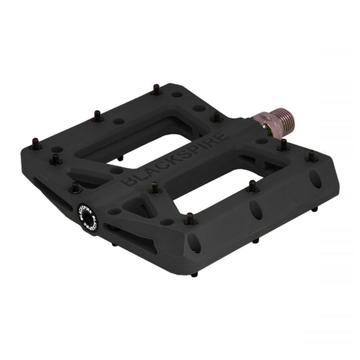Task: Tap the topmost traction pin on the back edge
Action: [x=155, y=88]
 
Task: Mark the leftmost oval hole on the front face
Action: [x=194, y=243]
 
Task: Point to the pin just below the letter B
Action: [x=155, y=189]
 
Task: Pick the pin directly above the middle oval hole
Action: [x=253, y=186]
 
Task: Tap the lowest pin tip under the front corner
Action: [x=195, y=274]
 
